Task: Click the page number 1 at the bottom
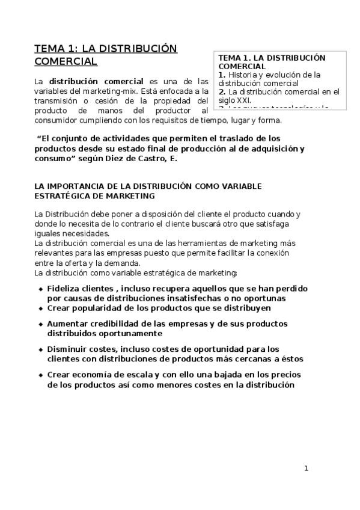click(306, 468)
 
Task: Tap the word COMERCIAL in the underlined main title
click(66, 61)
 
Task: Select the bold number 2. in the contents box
click(222, 92)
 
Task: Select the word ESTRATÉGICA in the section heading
click(61, 195)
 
